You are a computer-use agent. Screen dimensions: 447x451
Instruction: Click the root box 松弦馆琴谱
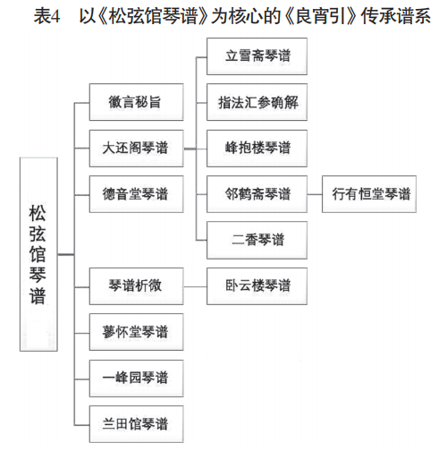coord(38,254)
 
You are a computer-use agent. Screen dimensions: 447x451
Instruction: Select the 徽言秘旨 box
coord(136,102)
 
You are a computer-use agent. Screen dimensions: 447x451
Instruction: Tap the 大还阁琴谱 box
coord(136,149)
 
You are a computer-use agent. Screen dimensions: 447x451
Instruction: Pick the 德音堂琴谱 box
coord(136,194)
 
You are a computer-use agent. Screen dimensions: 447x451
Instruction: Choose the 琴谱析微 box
coord(136,286)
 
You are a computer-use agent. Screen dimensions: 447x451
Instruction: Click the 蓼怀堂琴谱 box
coord(136,332)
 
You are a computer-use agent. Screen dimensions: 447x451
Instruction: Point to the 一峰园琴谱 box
coord(136,379)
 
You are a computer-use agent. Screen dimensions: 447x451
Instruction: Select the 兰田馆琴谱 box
coord(136,424)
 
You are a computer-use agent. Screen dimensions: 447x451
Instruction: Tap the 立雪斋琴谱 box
coord(257,56)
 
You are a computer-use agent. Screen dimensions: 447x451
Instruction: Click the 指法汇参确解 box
coord(257,102)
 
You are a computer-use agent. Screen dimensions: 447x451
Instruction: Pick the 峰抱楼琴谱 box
coord(257,149)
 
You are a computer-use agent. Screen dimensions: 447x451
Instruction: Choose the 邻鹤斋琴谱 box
coord(257,194)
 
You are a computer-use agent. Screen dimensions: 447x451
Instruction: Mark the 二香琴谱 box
coord(257,240)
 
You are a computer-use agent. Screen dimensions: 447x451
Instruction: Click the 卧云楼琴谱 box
coord(257,286)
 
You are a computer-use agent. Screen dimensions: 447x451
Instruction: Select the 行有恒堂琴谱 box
coord(369,194)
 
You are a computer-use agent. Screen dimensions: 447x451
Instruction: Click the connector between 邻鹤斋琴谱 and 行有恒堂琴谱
coord(315,194)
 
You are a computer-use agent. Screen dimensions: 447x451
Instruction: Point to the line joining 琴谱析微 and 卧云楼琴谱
coord(195,287)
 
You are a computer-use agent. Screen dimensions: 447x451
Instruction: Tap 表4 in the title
coord(46,16)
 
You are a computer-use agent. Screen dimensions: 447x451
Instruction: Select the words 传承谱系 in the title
coord(395,16)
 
